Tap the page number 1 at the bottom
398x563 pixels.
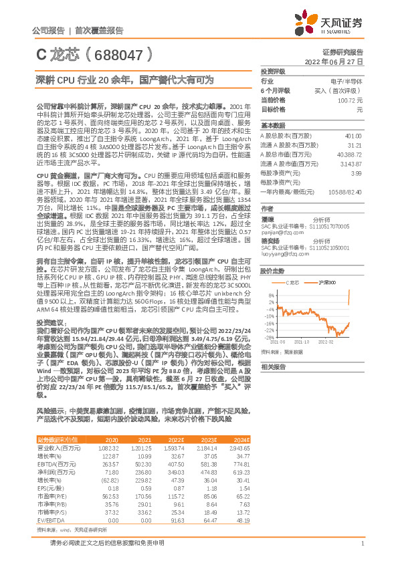pyautogui.click(x=361, y=550)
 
